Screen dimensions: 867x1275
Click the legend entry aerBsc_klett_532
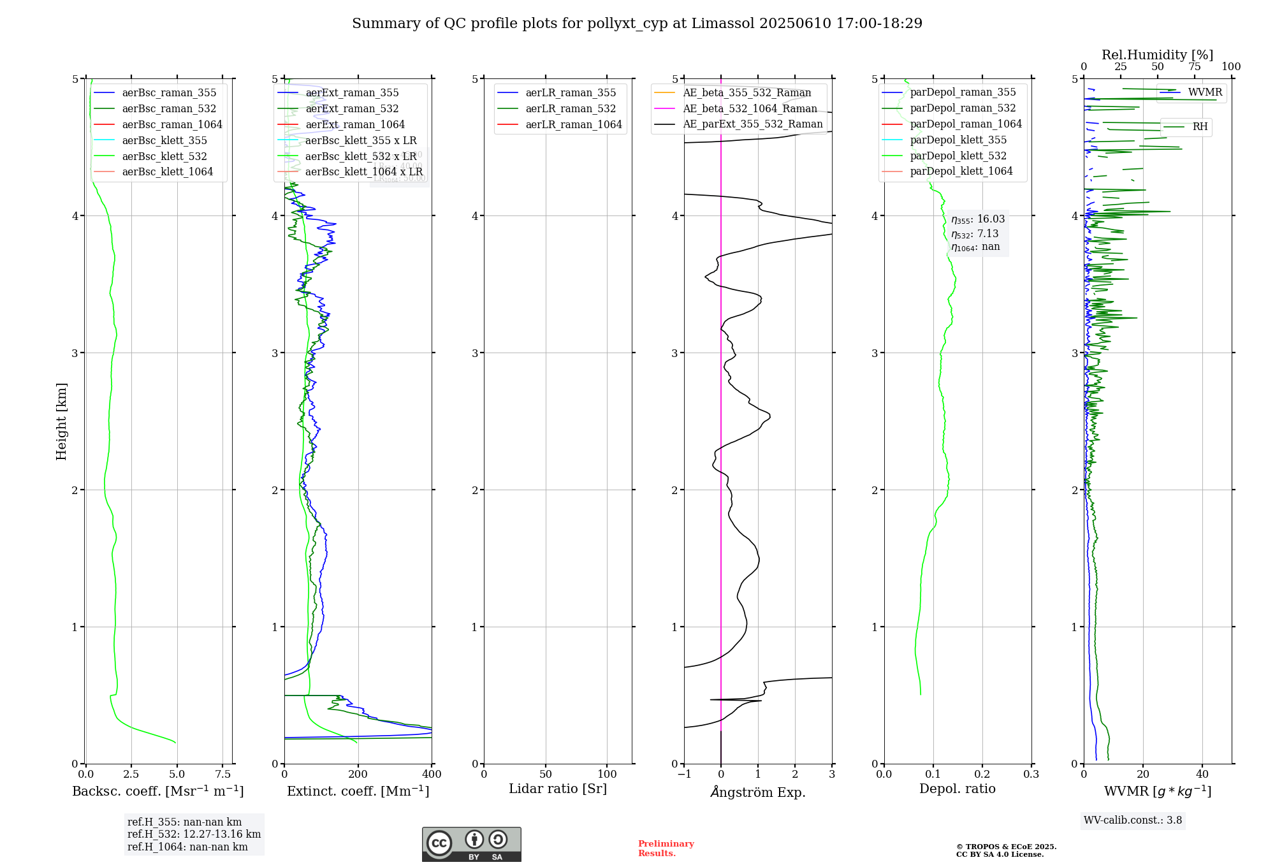click(x=164, y=156)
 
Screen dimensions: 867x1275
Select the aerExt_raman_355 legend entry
click(x=352, y=93)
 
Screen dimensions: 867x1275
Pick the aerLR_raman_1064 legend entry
click(x=574, y=125)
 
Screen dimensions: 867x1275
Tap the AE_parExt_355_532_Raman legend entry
click(x=752, y=124)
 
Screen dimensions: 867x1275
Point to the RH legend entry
click(x=1200, y=127)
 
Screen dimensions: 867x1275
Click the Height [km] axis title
click(x=61, y=421)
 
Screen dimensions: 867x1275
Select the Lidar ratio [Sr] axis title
click(x=558, y=789)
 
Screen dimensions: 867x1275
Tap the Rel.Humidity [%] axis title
click(x=1157, y=55)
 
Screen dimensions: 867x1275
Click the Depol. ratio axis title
click(x=957, y=789)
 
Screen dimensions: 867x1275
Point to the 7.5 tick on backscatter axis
click(x=223, y=775)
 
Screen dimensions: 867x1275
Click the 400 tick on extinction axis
click(x=432, y=775)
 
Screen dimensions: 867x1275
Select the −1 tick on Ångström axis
click(x=684, y=775)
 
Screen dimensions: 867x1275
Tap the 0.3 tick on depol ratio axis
click(x=1031, y=775)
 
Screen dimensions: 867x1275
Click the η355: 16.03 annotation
click(x=978, y=219)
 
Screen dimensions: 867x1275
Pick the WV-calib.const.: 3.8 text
click(x=1133, y=820)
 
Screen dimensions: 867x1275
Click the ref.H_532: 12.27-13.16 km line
click(x=194, y=834)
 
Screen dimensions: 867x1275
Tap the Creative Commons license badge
click(x=471, y=845)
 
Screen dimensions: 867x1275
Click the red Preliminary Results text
click(x=666, y=849)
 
